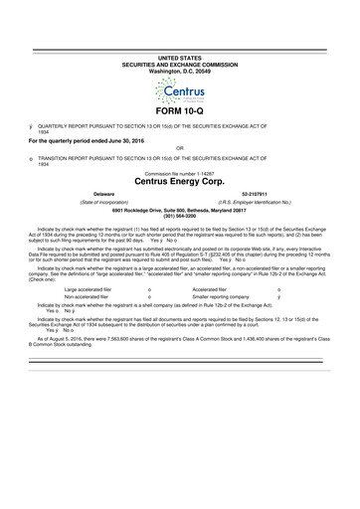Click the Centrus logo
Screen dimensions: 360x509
179,95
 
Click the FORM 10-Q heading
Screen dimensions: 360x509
179,124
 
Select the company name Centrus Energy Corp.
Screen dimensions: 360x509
179,182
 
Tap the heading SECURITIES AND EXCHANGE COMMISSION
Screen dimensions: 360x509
179,66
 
